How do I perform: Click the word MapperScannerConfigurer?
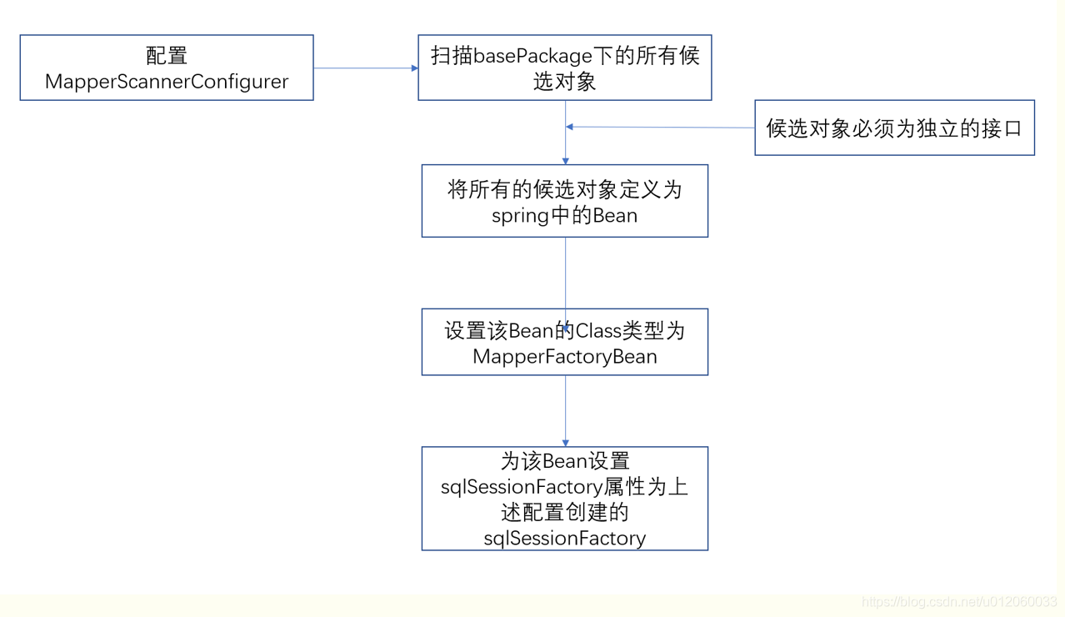tap(167, 82)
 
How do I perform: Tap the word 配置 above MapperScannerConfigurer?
tap(167, 56)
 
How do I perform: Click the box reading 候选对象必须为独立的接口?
tap(894, 128)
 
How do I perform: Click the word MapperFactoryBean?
tap(564, 357)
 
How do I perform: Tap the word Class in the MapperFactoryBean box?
tap(598, 331)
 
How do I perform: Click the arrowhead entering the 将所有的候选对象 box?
tap(566, 160)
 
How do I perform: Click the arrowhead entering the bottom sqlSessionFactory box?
tap(566, 442)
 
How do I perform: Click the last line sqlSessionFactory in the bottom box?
tap(564, 539)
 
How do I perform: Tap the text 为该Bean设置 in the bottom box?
tap(564, 461)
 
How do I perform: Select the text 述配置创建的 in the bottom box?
tap(564, 513)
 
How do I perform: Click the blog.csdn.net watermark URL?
tap(958, 602)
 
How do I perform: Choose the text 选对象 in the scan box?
tap(564, 82)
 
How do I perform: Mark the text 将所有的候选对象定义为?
tap(564, 189)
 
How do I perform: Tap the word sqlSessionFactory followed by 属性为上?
tap(522, 487)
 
